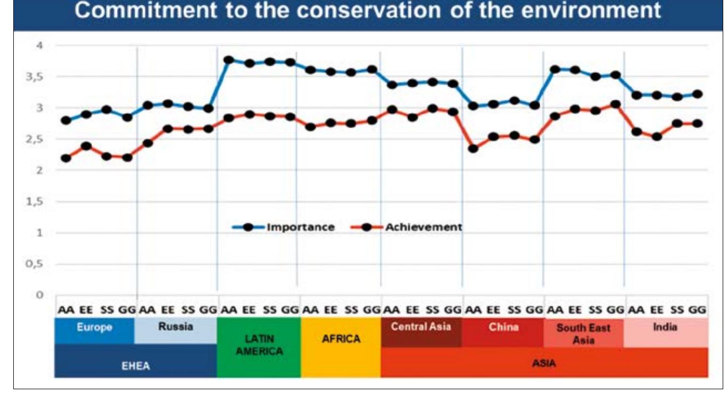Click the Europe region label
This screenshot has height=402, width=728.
[x=94, y=328]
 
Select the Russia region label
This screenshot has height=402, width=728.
[x=175, y=327]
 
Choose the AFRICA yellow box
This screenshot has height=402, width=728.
[x=341, y=339]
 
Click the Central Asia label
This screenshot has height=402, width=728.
[x=421, y=327]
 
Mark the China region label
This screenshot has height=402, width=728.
[x=503, y=327]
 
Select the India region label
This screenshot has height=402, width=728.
[x=665, y=327]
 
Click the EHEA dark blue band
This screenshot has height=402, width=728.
[x=135, y=366]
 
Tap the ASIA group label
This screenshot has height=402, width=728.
[x=544, y=364]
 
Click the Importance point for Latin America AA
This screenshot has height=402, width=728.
[x=229, y=60]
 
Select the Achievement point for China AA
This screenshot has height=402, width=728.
[x=473, y=149]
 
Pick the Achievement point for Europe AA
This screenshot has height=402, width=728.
[x=65, y=158]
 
